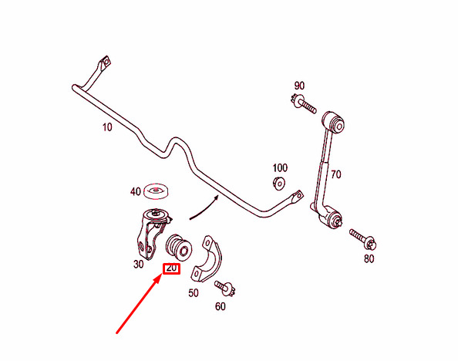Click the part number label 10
(107, 127)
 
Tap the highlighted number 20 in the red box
(171, 268)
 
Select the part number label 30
(139, 265)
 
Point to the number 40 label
(135, 192)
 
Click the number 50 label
(194, 292)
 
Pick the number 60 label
(221, 306)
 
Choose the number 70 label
(336, 174)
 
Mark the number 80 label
(369, 258)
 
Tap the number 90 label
(299, 86)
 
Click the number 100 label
(280, 168)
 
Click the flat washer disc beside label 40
(157, 191)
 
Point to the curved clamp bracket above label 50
(207, 258)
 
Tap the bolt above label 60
(225, 288)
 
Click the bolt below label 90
(303, 104)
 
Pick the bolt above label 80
(363, 239)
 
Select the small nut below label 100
(279, 184)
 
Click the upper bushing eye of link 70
(334, 122)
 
